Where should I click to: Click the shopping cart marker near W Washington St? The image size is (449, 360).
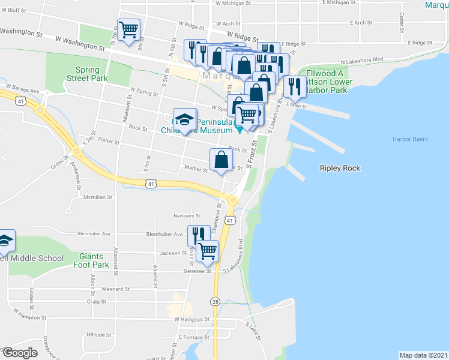click(129, 29)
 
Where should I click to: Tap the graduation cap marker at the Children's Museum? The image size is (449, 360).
click(185, 119)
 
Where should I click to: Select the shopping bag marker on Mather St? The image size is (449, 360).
click(221, 160)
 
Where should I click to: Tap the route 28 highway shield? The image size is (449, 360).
click(215, 301)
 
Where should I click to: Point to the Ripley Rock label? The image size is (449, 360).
click(340, 169)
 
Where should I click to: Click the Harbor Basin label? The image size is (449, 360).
click(411, 139)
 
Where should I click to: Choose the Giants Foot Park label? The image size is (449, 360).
click(91, 260)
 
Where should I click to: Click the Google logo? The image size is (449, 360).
click(20, 353)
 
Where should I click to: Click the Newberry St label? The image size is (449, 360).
click(187, 215)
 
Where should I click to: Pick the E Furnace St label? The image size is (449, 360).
click(193, 338)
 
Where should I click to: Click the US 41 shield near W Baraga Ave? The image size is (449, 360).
click(21, 102)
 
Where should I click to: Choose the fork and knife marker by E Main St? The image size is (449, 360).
click(294, 86)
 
